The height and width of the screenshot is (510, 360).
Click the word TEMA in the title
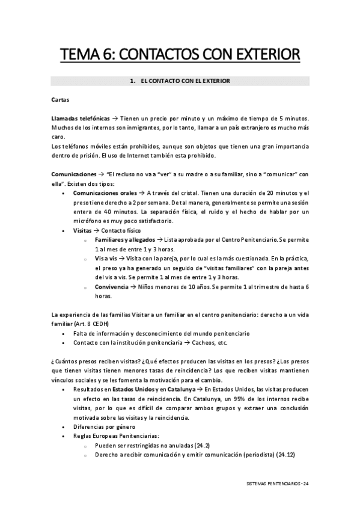tap(79, 56)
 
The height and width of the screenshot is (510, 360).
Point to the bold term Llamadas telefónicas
tap(81, 120)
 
